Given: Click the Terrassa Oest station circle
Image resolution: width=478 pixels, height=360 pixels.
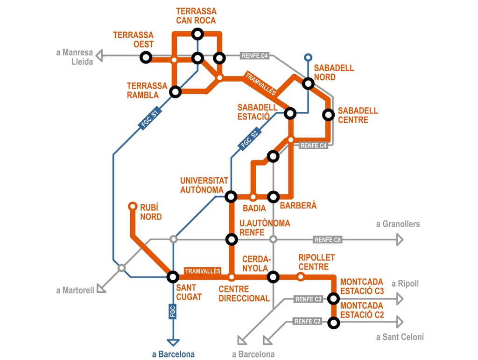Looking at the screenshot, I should (146, 57).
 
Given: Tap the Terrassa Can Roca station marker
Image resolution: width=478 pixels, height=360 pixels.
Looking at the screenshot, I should (197, 34).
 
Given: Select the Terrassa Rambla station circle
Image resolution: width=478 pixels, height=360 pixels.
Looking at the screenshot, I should (175, 91).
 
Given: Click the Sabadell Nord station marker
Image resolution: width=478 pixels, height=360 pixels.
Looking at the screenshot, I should (308, 83).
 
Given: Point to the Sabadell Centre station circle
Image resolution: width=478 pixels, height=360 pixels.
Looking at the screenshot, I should (329, 114).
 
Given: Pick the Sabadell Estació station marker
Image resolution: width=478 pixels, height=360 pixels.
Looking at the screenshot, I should (290, 113).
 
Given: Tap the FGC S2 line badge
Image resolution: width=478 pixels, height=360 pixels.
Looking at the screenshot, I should (249, 139).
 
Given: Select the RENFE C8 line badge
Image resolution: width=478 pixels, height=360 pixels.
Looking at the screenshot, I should (328, 240).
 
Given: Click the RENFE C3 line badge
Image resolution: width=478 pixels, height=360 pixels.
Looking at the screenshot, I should (309, 299).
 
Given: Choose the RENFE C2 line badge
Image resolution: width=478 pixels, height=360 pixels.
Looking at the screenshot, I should (308, 321).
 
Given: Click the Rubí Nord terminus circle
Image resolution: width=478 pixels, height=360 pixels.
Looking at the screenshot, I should (132, 206).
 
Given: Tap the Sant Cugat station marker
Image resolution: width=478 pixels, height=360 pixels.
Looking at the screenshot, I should (173, 277).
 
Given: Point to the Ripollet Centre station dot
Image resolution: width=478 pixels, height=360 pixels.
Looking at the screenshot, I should (301, 277).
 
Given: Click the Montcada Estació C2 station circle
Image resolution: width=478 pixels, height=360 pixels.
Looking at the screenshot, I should (333, 322).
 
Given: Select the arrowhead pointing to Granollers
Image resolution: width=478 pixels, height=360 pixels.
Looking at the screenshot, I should (399, 240).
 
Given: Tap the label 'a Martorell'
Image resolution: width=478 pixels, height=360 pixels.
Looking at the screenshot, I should (75, 291).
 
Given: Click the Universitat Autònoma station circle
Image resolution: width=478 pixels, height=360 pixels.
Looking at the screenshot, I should (231, 196).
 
